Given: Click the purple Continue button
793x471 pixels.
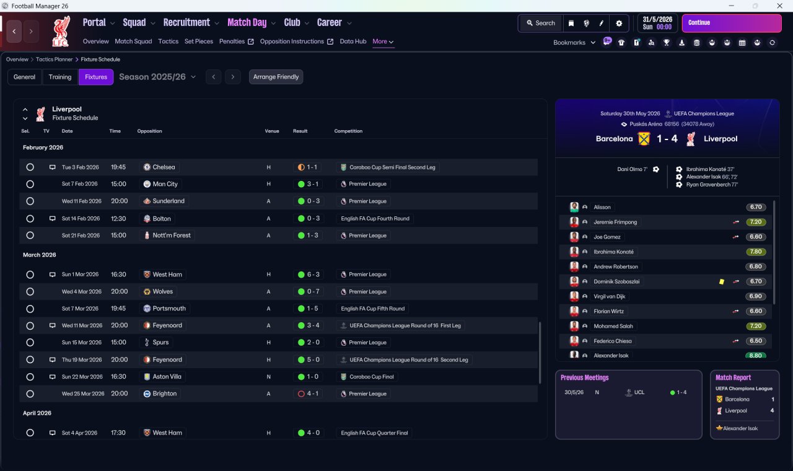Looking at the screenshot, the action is pyautogui.click(x=732, y=23).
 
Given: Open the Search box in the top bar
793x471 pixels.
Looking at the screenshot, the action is pyautogui.click(x=541, y=23).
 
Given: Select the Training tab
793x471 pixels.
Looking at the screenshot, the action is pyautogui.click(x=60, y=77).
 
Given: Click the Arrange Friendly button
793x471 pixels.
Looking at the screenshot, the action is pyautogui.click(x=276, y=77).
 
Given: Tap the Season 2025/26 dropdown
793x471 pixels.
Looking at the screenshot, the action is pyautogui.click(x=157, y=77).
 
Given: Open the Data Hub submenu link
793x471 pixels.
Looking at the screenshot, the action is pyautogui.click(x=353, y=42).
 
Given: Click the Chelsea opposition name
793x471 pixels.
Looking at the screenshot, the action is pyautogui.click(x=164, y=167).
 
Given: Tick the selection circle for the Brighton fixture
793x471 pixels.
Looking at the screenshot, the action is pyautogui.click(x=30, y=394).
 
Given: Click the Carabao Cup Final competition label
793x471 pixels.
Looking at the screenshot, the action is pyautogui.click(x=371, y=377).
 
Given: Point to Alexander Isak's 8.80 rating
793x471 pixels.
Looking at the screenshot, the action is pyautogui.click(x=755, y=356).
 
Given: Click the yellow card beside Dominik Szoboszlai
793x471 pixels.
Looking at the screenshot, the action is pyautogui.click(x=722, y=281).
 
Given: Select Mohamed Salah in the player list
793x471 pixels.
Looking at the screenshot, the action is pyautogui.click(x=613, y=326).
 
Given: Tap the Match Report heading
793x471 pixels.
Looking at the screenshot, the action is pyautogui.click(x=733, y=377).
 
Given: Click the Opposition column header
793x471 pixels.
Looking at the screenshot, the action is pyautogui.click(x=149, y=131).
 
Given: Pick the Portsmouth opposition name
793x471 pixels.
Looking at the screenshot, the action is pyautogui.click(x=169, y=309).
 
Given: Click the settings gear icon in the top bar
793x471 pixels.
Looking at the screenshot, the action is pyautogui.click(x=619, y=24).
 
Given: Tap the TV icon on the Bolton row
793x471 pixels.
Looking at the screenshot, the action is pyautogui.click(x=53, y=219).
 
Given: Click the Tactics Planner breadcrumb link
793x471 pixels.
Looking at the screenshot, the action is pyautogui.click(x=54, y=59).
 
